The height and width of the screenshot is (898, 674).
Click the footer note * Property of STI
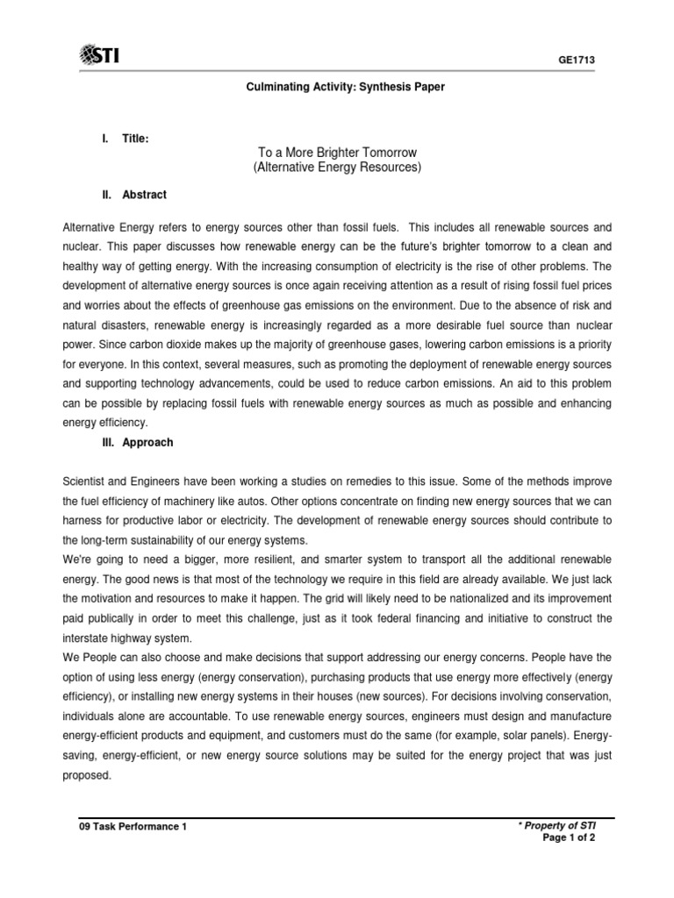(568, 827)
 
